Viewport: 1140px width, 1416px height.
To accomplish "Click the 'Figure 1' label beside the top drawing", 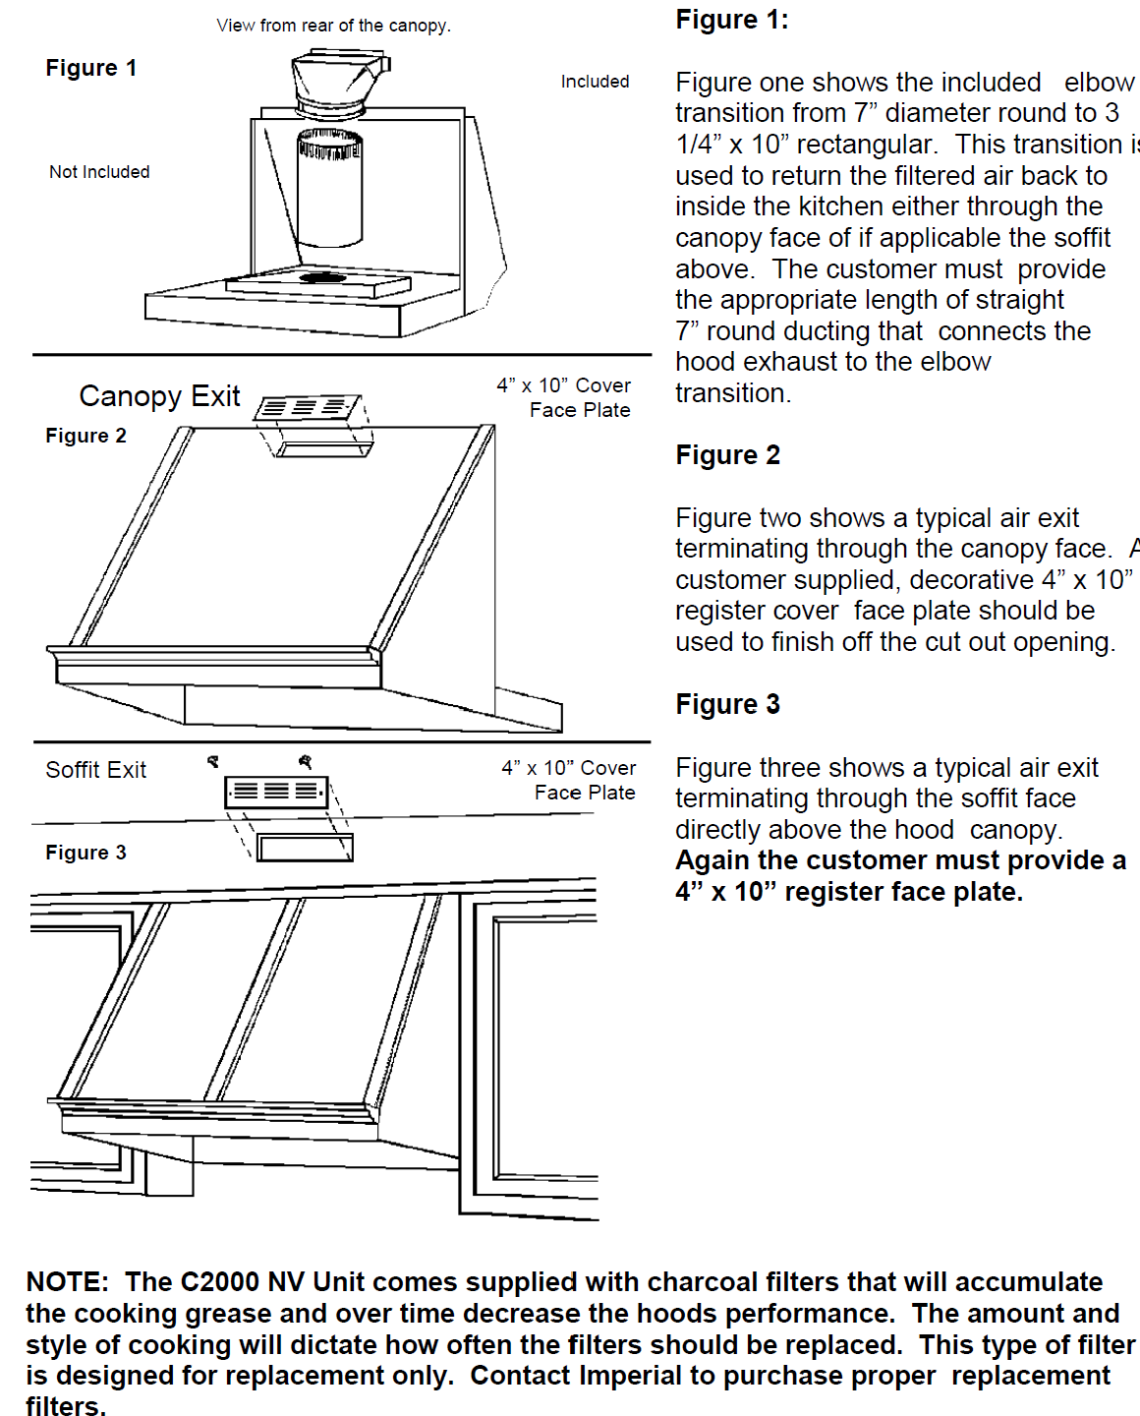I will (90, 68).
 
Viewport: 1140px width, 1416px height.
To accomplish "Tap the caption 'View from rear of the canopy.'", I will (333, 26).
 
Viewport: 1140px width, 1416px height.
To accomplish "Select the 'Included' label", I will (595, 82).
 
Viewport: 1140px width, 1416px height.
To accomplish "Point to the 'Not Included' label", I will (99, 172).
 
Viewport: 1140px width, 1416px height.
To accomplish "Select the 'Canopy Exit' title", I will (159, 396).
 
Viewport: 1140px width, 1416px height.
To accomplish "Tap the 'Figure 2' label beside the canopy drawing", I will (85, 436).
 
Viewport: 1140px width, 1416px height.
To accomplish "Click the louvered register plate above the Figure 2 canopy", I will (307, 407).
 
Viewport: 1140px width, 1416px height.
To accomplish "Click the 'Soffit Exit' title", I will (95, 770).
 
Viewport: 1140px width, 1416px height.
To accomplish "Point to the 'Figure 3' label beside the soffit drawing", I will (85, 853).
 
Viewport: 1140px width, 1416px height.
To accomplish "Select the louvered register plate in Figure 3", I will (276, 792).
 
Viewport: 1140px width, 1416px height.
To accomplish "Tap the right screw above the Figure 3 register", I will (306, 761).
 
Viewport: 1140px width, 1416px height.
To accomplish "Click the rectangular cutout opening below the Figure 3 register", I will (305, 848).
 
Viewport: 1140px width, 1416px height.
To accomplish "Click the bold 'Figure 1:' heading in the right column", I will (731, 20).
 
